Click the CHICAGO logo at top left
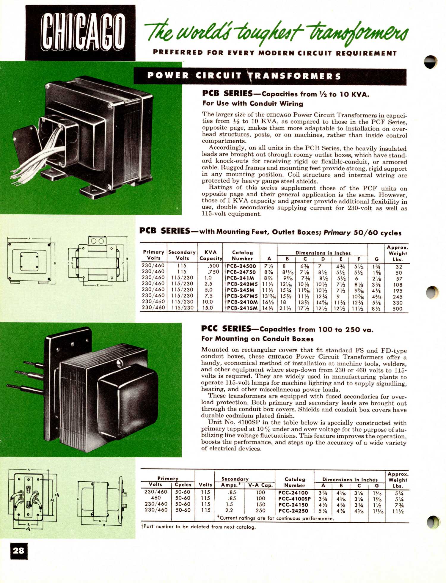point(80,33)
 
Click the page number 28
point(19,551)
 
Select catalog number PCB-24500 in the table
point(241,266)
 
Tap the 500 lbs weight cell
point(397,309)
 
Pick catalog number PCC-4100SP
point(294,499)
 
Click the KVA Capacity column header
point(211,255)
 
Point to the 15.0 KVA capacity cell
point(208,308)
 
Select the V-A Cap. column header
point(260,485)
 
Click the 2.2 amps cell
point(229,510)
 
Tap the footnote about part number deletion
point(198,527)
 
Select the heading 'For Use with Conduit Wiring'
point(253,103)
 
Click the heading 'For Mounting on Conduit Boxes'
point(257,339)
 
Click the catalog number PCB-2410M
point(241,302)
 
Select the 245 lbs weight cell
point(397,297)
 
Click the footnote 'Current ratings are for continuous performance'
point(275,518)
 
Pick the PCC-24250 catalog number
point(293,511)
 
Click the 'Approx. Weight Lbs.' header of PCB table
point(397,253)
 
